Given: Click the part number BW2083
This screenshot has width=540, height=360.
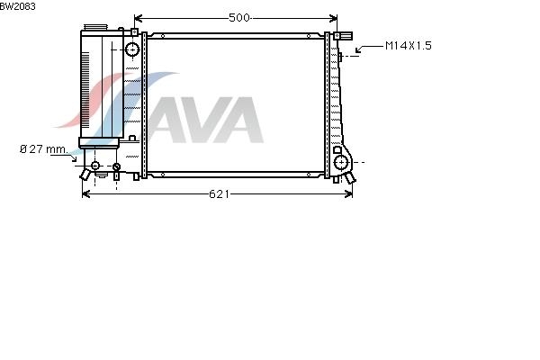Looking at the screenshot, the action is pos(18,6).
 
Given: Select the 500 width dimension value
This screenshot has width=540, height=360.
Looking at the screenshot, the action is pos(239,18).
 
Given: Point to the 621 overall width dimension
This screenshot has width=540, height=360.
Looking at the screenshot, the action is pos(219,194).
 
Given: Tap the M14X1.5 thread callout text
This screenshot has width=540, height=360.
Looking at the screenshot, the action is pos(408,46).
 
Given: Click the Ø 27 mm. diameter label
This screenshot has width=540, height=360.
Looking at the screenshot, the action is pos(44,149).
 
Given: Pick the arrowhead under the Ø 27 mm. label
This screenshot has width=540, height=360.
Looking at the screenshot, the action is pos(74,158).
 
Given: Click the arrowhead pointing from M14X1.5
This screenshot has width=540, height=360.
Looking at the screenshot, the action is pos(358,50).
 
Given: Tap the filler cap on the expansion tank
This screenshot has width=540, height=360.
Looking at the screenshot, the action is pos(95,27).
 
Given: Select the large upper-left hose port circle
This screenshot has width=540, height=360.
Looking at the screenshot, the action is pos(132,49).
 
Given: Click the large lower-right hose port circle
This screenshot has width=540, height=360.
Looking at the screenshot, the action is pos(341,162).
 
